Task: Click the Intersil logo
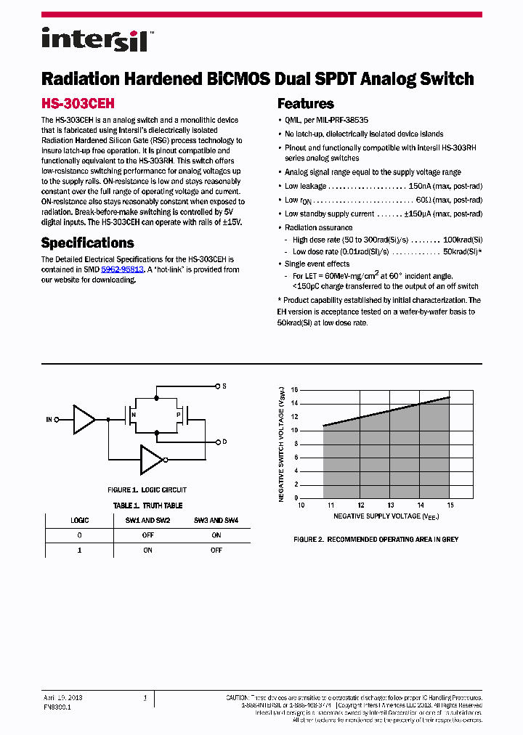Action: click(x=94, y=38)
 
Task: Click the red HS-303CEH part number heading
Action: click(x=78, y=104)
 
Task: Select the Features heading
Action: click(x=306, y=104)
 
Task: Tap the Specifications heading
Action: click(x=87, y=243)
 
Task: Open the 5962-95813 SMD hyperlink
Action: click(x=122, y=269)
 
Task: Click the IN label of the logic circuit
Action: click(x=49, y=420)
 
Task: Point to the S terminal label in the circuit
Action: click(x=224, y=386)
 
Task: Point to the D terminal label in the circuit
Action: click(x=224, y=442)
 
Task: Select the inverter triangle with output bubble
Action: click(x=153, y=459)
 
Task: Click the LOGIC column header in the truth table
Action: click(x=79, y=521)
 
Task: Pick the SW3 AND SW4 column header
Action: click(x=216, y=521)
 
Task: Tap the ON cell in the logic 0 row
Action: click(x=216, y=535)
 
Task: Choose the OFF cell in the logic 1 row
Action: click(x=216, y=551)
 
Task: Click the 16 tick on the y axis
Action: click(x=294, y=389)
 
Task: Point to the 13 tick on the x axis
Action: click(x=390, y=505)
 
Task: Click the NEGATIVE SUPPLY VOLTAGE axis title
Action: click(x=386, y=516)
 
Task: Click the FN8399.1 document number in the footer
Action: click(x=57, y=706)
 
